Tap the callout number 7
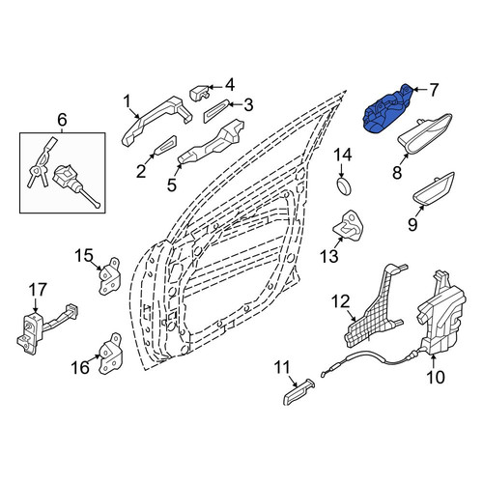434,90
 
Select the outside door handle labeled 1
156,121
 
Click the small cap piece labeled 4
200,93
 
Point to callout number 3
248,105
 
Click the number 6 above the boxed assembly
62,120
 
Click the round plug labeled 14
344,185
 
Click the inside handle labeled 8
425,133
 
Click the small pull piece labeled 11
298,391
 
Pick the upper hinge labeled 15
109,276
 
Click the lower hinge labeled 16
110,354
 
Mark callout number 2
141,171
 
